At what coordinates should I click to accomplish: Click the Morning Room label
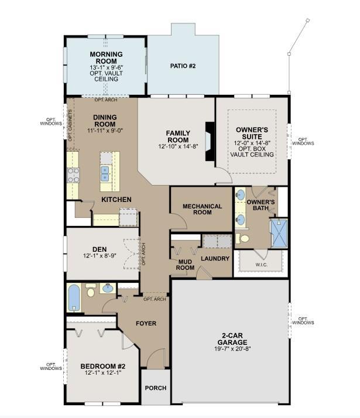coord(107,57)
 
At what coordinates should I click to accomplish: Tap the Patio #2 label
coord(183,66)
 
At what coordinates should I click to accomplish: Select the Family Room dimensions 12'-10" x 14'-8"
coord(178,146)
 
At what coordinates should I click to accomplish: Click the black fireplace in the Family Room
coord(210,141)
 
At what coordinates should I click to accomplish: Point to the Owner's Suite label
coord(252,133)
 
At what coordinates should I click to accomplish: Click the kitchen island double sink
coord(105,173)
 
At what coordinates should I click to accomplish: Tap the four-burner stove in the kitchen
coord(73,175)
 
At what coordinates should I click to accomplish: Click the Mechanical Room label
coord(203,209)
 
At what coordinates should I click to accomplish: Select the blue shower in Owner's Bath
coord(279,234)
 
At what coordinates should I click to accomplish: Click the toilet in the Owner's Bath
coord(242,238)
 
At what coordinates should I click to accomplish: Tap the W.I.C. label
coord(262,265)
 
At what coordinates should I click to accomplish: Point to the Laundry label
coord(215,259)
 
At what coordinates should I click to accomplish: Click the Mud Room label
coord(185,265)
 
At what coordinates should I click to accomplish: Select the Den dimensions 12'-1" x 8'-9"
coord(100,256)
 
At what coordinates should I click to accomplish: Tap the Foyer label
coord(146,323)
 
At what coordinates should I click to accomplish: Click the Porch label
coord(156,388)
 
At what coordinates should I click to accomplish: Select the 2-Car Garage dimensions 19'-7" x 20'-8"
coord(232,349)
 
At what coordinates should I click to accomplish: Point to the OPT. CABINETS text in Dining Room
coord(70,125)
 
